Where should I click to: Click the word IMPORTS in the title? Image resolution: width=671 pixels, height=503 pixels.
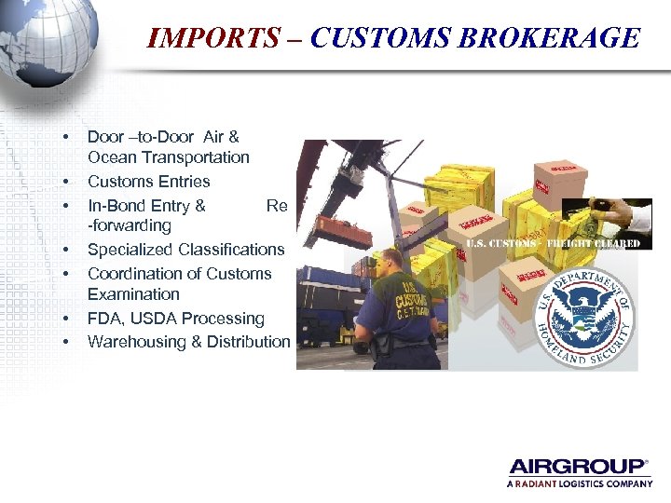pos(213,38)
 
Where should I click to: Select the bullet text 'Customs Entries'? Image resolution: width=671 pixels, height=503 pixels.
pos(148,182)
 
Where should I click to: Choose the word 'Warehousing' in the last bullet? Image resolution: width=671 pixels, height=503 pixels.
pos(134,342)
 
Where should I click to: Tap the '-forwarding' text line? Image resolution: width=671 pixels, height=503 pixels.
pos(130,225)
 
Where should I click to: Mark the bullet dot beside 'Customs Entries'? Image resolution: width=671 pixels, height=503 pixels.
pos(65,182)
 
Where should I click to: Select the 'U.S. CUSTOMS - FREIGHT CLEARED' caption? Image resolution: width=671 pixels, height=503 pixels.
pos(553,244)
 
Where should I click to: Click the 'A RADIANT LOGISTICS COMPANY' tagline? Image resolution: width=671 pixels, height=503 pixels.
pos(579,483)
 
